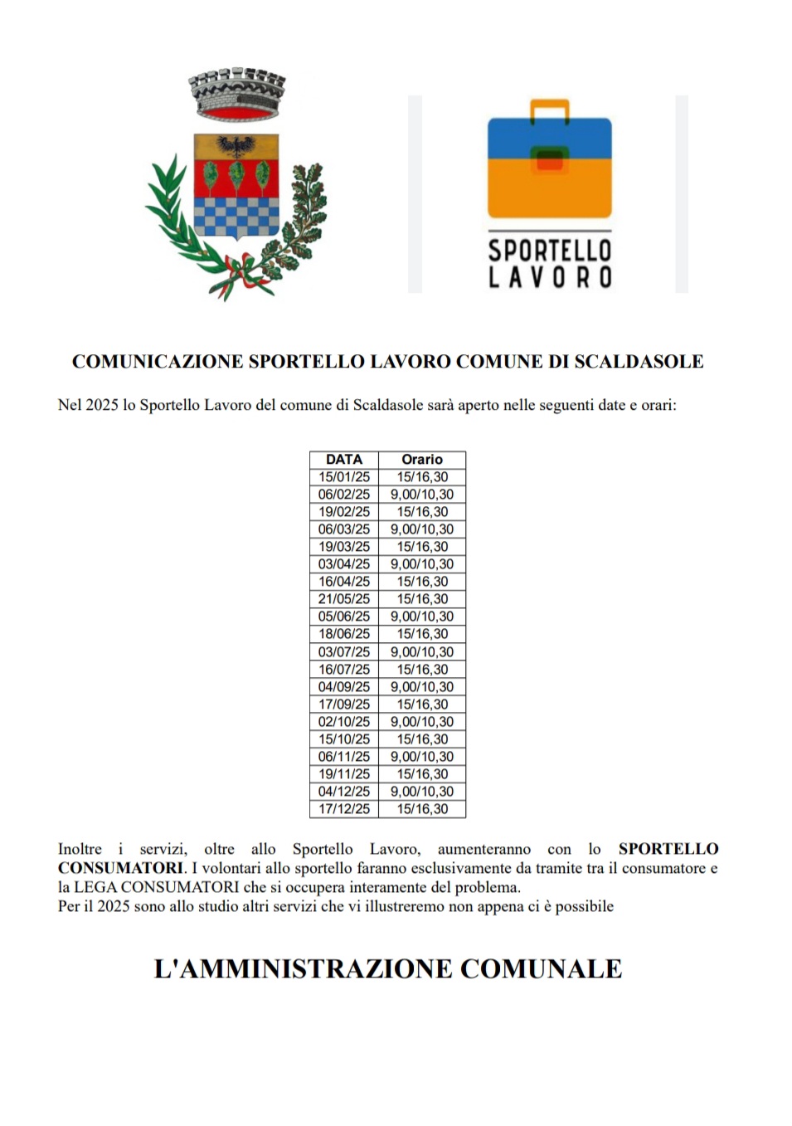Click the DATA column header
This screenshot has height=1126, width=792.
[343, 460]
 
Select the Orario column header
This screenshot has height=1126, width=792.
[422, 460]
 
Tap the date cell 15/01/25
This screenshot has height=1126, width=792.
[344, 477]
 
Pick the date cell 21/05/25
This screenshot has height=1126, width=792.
[344, 599]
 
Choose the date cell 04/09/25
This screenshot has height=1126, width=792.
[344, 687]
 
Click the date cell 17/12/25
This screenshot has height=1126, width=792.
[344, 809]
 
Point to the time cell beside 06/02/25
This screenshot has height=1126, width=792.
[422, 495]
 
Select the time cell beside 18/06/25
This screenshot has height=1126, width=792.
[422, 634]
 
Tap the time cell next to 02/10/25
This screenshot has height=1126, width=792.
[422, 722]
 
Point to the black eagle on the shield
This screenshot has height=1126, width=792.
[236, 146]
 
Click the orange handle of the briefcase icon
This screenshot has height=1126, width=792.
[549, 110]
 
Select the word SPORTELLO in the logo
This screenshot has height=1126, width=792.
[549, 251]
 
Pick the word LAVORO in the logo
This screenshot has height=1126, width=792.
[549, 277]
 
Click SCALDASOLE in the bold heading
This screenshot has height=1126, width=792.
[639, 362]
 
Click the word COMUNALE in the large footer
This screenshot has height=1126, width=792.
[541, 968]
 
